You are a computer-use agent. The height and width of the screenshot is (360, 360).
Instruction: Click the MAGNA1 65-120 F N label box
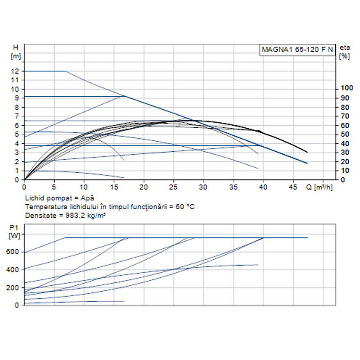[297, 49]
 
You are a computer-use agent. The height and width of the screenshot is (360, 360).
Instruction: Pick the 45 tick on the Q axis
[293, 186]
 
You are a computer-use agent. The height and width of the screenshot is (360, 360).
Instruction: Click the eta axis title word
[345, 47]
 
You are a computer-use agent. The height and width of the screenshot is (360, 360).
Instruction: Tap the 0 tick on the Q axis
[24, 186]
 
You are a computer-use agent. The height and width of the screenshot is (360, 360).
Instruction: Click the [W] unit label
[15, 234]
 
